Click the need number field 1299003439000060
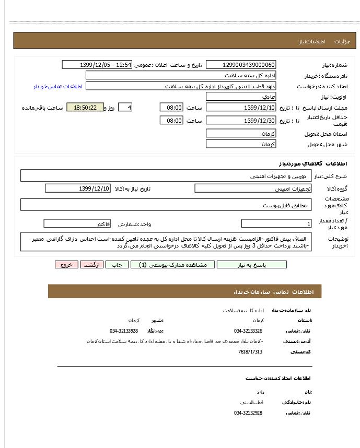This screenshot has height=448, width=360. click(241, 65)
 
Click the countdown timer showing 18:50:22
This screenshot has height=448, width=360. click(85, 108)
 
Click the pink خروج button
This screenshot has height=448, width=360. click(66, 265)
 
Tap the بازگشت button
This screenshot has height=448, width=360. click(92, 265)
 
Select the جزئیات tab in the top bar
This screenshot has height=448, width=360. click(342, 41)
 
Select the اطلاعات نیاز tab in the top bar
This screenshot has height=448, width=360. click(312, 41)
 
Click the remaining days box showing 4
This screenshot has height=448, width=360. click(125, 108)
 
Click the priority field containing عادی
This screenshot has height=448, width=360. click(241, 97)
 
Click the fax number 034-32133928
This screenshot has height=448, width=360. click(124, 331)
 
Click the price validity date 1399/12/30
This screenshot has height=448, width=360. click(241, 121)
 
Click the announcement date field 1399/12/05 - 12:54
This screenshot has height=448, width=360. click(97, 65)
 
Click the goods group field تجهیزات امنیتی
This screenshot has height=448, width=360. click(253, 188)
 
